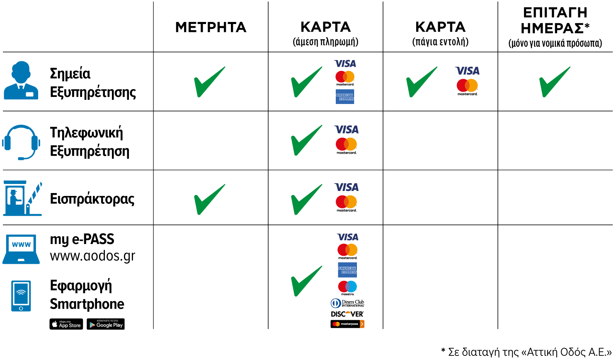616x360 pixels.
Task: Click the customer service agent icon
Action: click(x=21, y=80)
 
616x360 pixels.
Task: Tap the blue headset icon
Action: click(x=21, y=142)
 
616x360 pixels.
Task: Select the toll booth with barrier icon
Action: click(x=22, y=198)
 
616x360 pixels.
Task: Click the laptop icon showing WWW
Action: click(x=21, y=249)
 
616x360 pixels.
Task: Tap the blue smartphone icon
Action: click(x=21, y=296)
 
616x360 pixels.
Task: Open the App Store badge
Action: click(x=66, y=324)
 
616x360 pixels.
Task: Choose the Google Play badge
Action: click(x=106, y=324)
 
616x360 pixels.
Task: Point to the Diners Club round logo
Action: click(x=335, y=303)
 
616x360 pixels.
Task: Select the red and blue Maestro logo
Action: click(x=347, y=286)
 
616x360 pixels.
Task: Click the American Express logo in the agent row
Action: click(x=345, y=97)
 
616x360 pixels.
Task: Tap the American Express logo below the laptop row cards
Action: click(x=347, y=270)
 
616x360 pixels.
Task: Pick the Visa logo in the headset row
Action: click(x=347, y=130)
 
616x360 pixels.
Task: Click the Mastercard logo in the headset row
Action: click(x=346, y=144)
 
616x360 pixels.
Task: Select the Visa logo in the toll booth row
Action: click(x=347, y=187)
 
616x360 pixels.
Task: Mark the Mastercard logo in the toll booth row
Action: click(x=346, y=202)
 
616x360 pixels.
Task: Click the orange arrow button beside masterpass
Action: click(x=362, y=324)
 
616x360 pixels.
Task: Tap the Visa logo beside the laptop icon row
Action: click(x=348, y=237)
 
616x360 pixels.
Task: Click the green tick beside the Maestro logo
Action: click(x=307, y=281)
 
